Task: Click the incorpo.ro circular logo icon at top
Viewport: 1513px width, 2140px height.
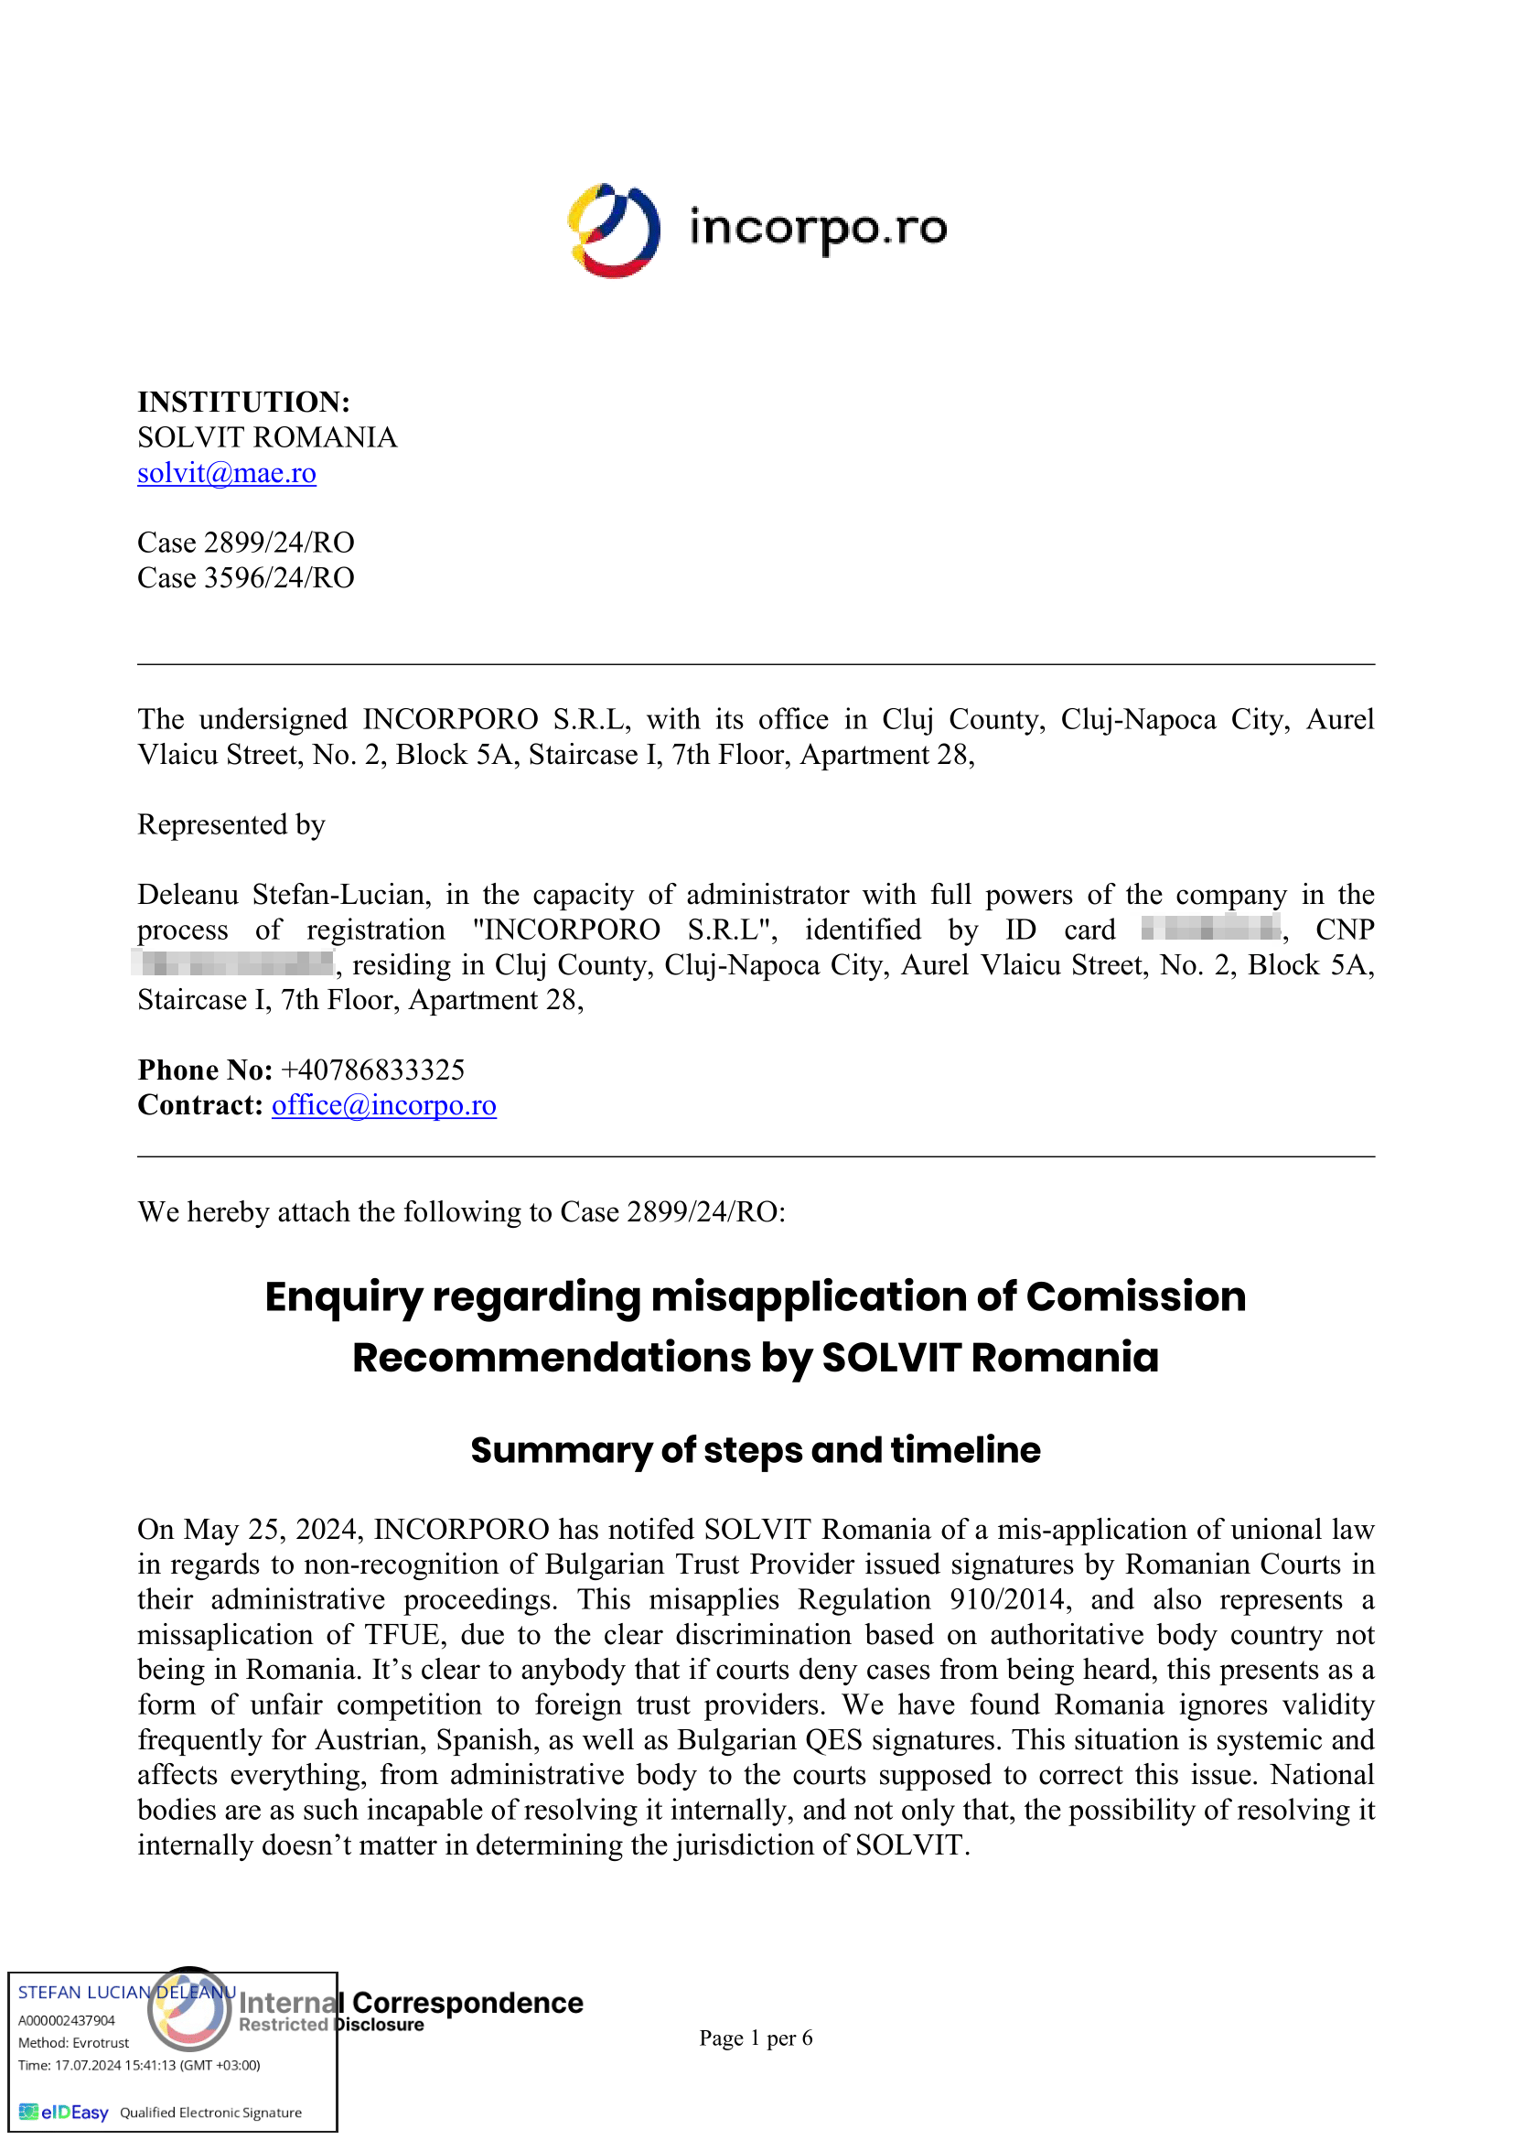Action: pos(614,231)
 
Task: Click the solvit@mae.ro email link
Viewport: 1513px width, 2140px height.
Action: pos(226,474)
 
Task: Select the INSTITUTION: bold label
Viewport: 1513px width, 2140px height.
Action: pos(244,402)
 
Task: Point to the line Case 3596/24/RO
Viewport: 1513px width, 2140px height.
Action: pos(246,578)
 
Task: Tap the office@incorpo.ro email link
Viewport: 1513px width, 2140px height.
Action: pos(384,1105)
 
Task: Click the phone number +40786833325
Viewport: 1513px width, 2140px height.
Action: pos(372,1070)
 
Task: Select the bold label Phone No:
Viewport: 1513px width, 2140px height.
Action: pos(205,1070)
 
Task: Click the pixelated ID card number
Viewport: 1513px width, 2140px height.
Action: pos(1210,929)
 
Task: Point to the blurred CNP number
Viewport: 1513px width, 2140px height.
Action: pos(233,962)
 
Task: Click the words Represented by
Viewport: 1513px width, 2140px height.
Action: pos(231,825)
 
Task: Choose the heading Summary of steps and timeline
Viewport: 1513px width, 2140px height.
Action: pos(756,1450)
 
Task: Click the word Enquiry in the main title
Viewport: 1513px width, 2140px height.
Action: pos(344,1297)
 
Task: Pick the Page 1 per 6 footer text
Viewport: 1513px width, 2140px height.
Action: pos(756,2038)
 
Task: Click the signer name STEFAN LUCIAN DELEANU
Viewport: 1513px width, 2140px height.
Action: pos(125,1992)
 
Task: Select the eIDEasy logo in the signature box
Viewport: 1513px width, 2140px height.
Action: pos(64,2112)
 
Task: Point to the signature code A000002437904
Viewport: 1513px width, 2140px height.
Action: pos(67,2020)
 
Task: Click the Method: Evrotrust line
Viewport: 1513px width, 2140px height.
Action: pos(73,2042)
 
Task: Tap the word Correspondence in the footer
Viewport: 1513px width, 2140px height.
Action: pos(467,2003)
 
